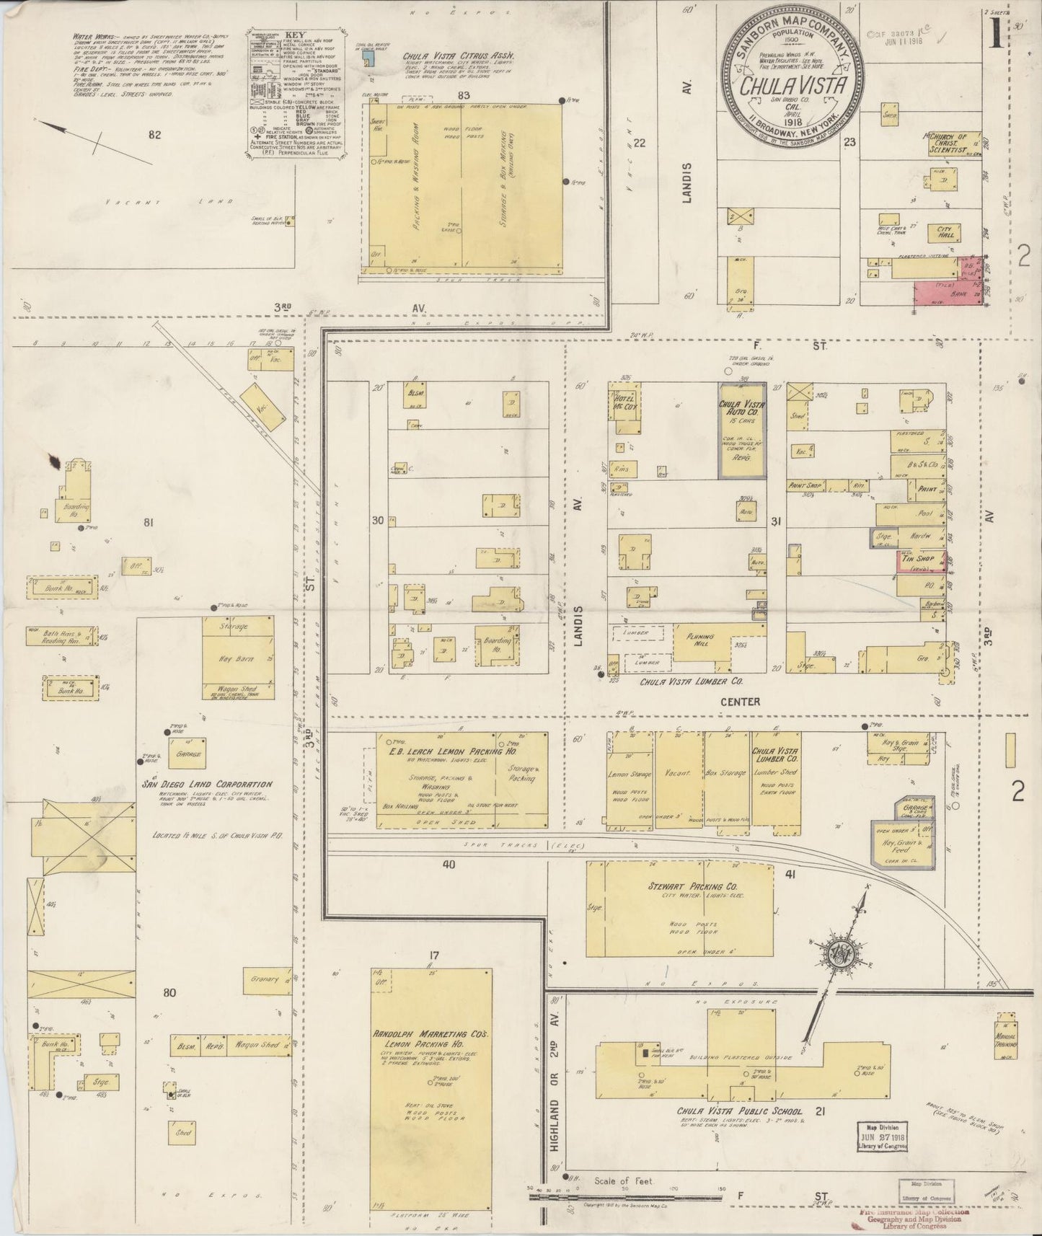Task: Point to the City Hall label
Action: pyautogui.click(x=945, y=232)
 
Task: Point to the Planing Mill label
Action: pyautogui.click(x=699, y=640)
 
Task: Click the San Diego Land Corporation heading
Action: pyautogui.click(x=207, y=785)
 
